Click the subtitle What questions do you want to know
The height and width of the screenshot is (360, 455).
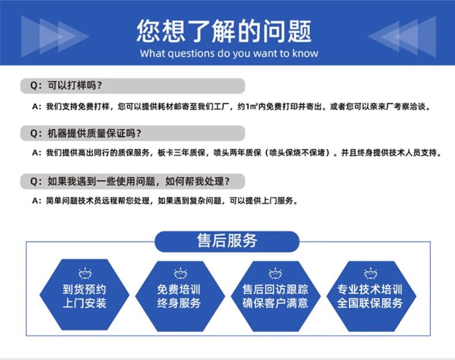point(229,54)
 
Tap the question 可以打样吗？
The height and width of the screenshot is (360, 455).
point(75,86)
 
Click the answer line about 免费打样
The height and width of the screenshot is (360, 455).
point(230,107)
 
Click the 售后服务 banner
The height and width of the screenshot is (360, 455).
point(227,241)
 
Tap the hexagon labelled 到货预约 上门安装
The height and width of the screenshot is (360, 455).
point(85,295)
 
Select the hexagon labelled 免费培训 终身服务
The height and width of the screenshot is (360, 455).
point(179,295)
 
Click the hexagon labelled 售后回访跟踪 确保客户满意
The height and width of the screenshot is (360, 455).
point(275,295)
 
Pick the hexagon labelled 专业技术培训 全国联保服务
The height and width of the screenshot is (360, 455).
point(370,295)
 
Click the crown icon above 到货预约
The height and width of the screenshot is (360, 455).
point(85,273)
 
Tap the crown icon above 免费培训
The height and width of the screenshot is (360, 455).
point(179,273)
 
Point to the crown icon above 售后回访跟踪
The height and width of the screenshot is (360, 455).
point(275,273)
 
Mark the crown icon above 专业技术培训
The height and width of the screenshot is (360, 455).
point(370,273)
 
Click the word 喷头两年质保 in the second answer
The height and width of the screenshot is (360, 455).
point(239,154)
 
